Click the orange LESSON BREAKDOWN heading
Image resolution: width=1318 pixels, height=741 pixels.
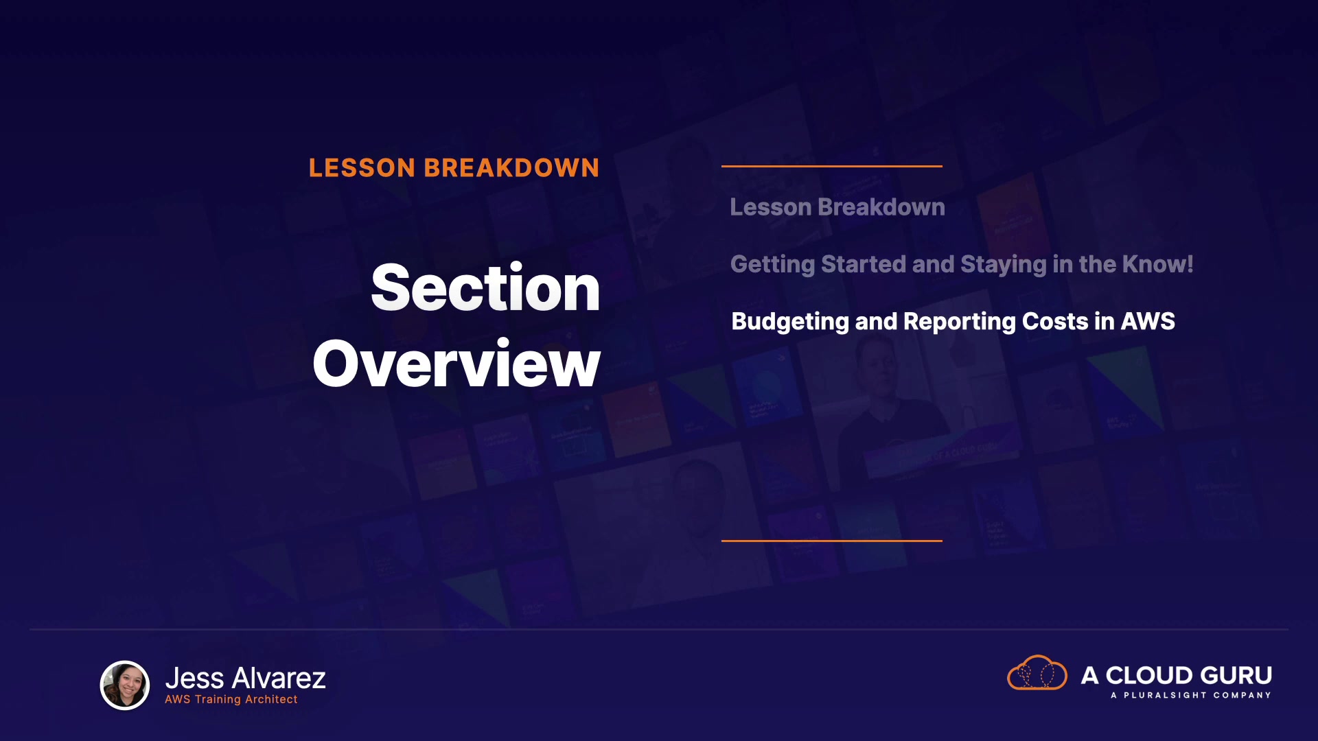(454, 168)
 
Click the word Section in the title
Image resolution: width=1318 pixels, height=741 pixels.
(485, 288)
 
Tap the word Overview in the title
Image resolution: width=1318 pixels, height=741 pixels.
(456, 364)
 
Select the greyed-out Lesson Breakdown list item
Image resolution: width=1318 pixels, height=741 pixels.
(837, 207)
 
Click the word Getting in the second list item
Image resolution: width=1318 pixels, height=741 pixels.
(772, 265)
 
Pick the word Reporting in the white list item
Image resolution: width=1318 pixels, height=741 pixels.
(959, 322)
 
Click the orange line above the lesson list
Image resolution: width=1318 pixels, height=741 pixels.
(832, 166)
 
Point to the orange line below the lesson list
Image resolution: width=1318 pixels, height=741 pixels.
(832, 541)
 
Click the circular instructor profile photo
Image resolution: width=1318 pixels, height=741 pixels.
(125, 685)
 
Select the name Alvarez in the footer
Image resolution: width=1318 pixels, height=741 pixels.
(279, 679)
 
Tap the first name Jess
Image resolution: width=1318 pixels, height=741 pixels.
(195, 679)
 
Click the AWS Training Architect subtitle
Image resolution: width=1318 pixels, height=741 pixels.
(231, 700)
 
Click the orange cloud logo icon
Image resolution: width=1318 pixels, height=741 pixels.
(1037, 672)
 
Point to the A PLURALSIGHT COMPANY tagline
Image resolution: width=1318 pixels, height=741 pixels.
(1191, 696)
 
